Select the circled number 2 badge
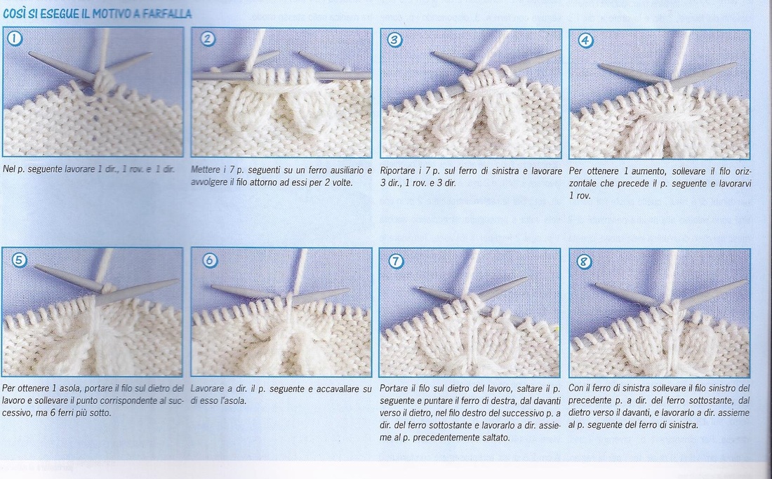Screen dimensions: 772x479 [x=208, y=39]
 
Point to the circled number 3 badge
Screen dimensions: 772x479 [x=395, y=40]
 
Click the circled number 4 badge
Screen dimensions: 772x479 [x=585, y=40]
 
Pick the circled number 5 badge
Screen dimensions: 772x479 [x=19, y=259]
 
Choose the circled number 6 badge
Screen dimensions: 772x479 [x=210, y=259]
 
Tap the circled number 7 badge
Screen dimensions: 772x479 [x=396, y=261]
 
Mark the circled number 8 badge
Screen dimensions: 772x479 [x=584, y=262]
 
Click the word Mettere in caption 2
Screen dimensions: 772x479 [x=205, y=170]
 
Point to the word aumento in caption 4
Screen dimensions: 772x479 [x=641, y=171]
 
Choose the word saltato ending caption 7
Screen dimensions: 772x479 [x=494, y=437]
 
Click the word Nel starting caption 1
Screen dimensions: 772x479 [x=8, y=169]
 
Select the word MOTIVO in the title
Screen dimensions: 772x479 [x=116, y=13]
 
